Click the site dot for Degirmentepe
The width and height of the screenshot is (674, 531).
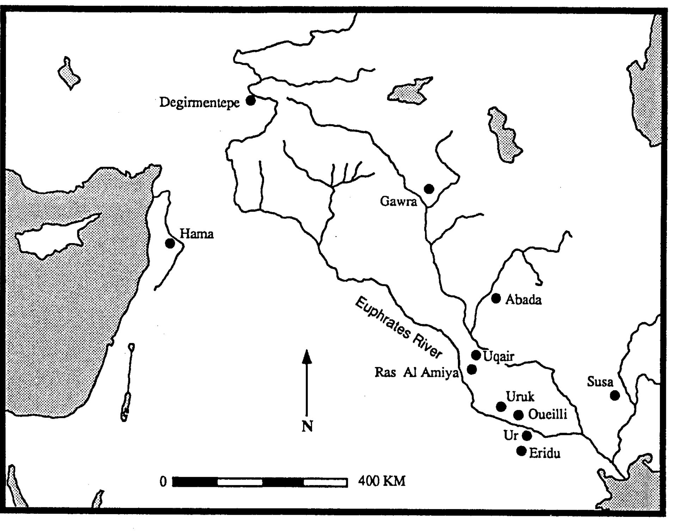click(251, 101)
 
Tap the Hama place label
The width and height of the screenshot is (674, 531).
click(197, 234)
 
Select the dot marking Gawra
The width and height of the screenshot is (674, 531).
click(429, 189)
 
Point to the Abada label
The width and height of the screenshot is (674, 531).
click(523, 300)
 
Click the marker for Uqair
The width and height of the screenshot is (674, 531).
click(476, 355)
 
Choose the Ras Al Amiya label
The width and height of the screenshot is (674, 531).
click(416, 373)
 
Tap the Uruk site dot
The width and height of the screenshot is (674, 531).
click(501, 407)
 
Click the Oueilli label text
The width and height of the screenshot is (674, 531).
click(547, 415)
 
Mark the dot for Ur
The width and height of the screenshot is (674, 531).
click(527, 436)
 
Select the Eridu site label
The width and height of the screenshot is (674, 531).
click(545, 453)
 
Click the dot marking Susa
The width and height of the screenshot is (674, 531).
click(615, 396)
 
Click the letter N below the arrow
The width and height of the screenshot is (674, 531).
click(307, 427)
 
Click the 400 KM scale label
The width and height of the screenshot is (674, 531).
click(382, 481)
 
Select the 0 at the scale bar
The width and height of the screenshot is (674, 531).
click(163, 482)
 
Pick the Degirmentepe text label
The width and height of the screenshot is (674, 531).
click(200, 103)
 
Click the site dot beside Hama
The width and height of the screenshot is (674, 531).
click(170, 243)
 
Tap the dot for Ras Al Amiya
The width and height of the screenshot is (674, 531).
click(472, 369)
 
